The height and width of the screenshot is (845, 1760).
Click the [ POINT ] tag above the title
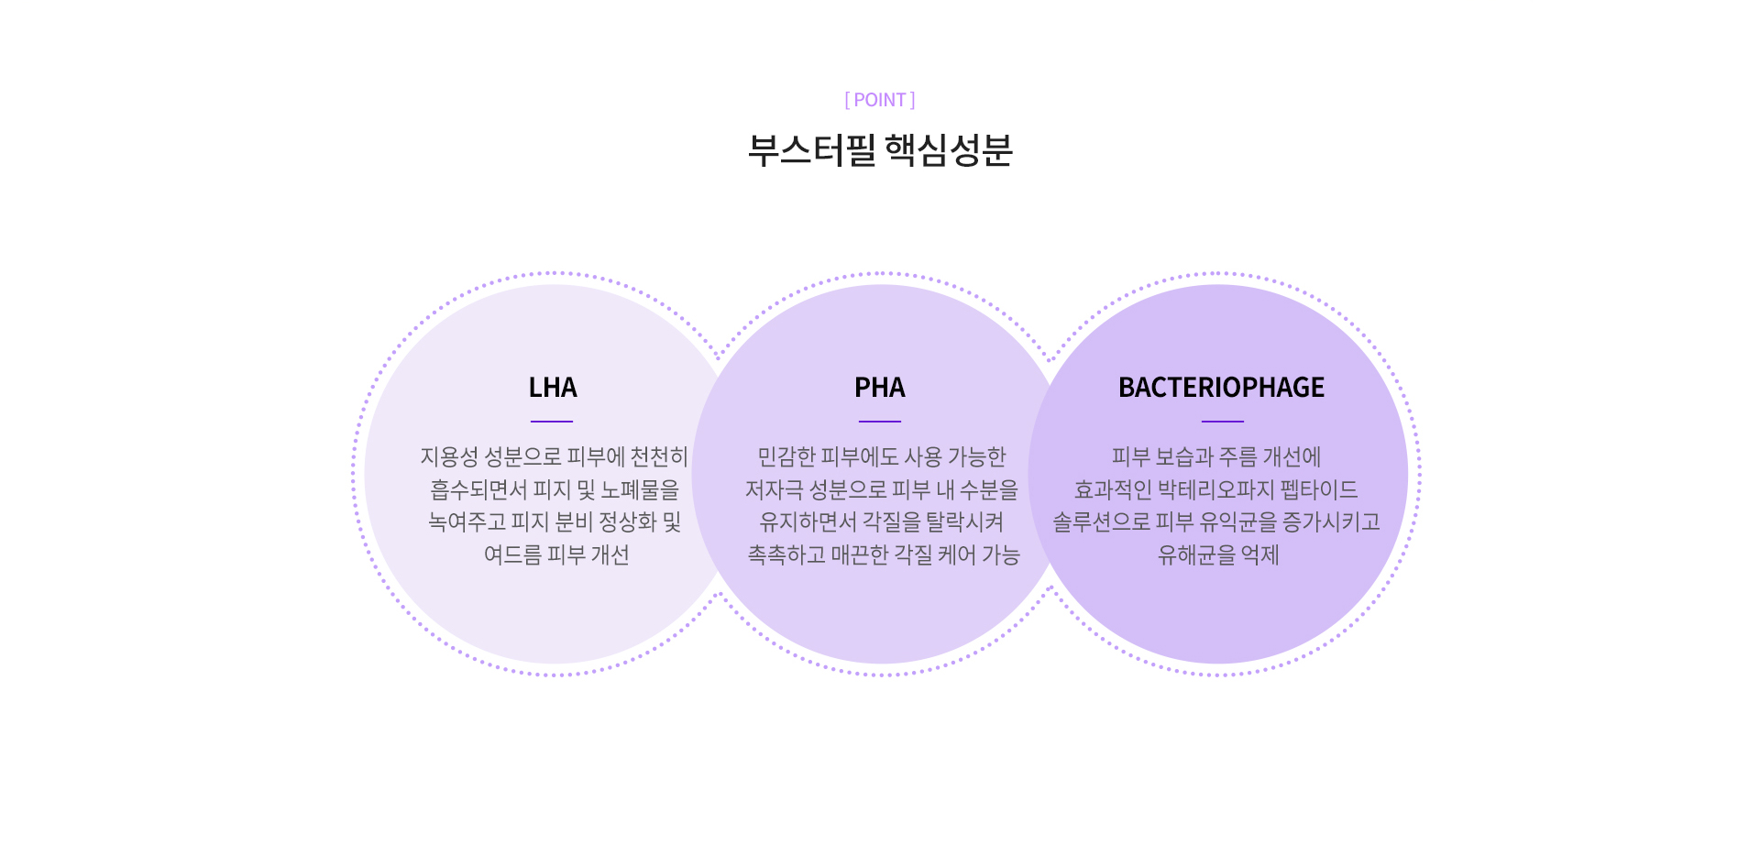pos(880,100)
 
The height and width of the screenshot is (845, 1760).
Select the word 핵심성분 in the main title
pos(949,150)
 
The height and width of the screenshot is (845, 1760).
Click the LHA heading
pos(553,388)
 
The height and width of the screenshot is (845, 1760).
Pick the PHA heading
pos(880,388)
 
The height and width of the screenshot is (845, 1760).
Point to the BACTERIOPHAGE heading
pos(1221,388)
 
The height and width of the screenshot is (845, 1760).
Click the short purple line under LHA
pos(552,422)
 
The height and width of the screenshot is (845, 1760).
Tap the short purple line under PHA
pos(880,422)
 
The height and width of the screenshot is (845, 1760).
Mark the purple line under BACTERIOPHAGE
pos(1223,422)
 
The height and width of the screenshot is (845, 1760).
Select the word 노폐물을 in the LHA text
pos(640,489)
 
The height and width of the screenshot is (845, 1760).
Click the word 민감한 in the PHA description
pos(786,456)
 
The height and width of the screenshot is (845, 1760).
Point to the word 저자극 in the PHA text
pos(774,489)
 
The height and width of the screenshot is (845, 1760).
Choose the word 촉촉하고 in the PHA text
pos(786,554)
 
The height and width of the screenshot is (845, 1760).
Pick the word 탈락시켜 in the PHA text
pos(964,521)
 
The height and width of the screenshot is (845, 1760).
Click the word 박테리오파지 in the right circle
pos(1215,489)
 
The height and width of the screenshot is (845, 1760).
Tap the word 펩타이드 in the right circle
pos(1319,489)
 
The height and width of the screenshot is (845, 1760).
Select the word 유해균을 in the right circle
pos(1195,554)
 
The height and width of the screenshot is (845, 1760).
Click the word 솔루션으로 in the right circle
pos(1101,521)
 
